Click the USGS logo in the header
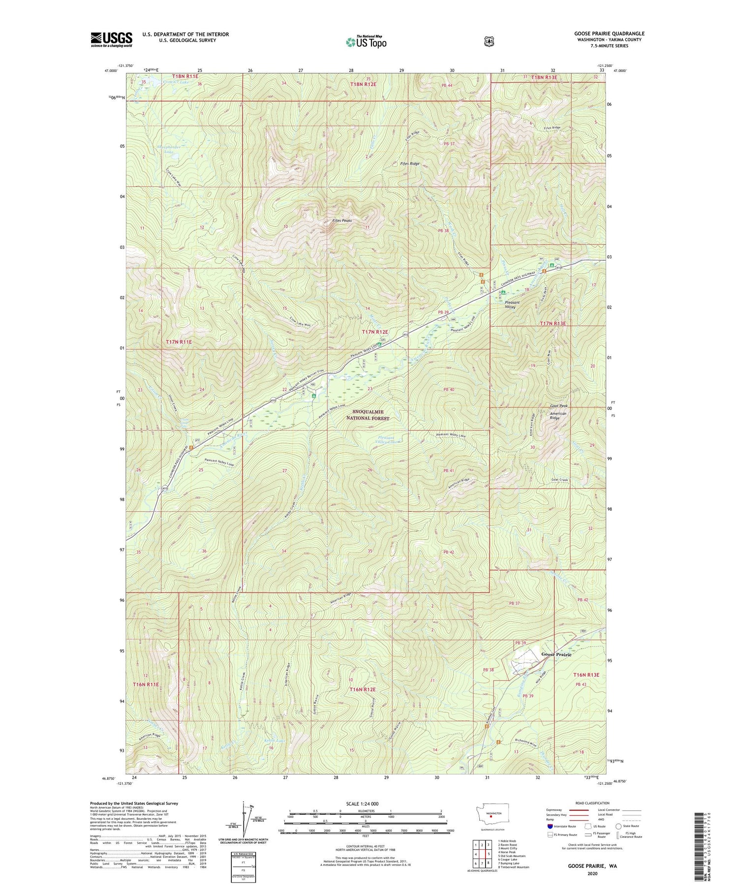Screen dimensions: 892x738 (x=111, y=39)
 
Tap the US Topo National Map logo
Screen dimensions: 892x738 (x=366, y=42)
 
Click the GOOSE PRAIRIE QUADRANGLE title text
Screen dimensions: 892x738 (x=609, y=33)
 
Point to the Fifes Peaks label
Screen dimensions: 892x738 (x=342, y=220)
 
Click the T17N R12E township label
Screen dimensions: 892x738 (x=376, y=332)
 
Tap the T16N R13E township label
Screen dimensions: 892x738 (x=586, y=675)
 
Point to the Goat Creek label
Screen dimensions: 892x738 (x=560, y=480)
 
